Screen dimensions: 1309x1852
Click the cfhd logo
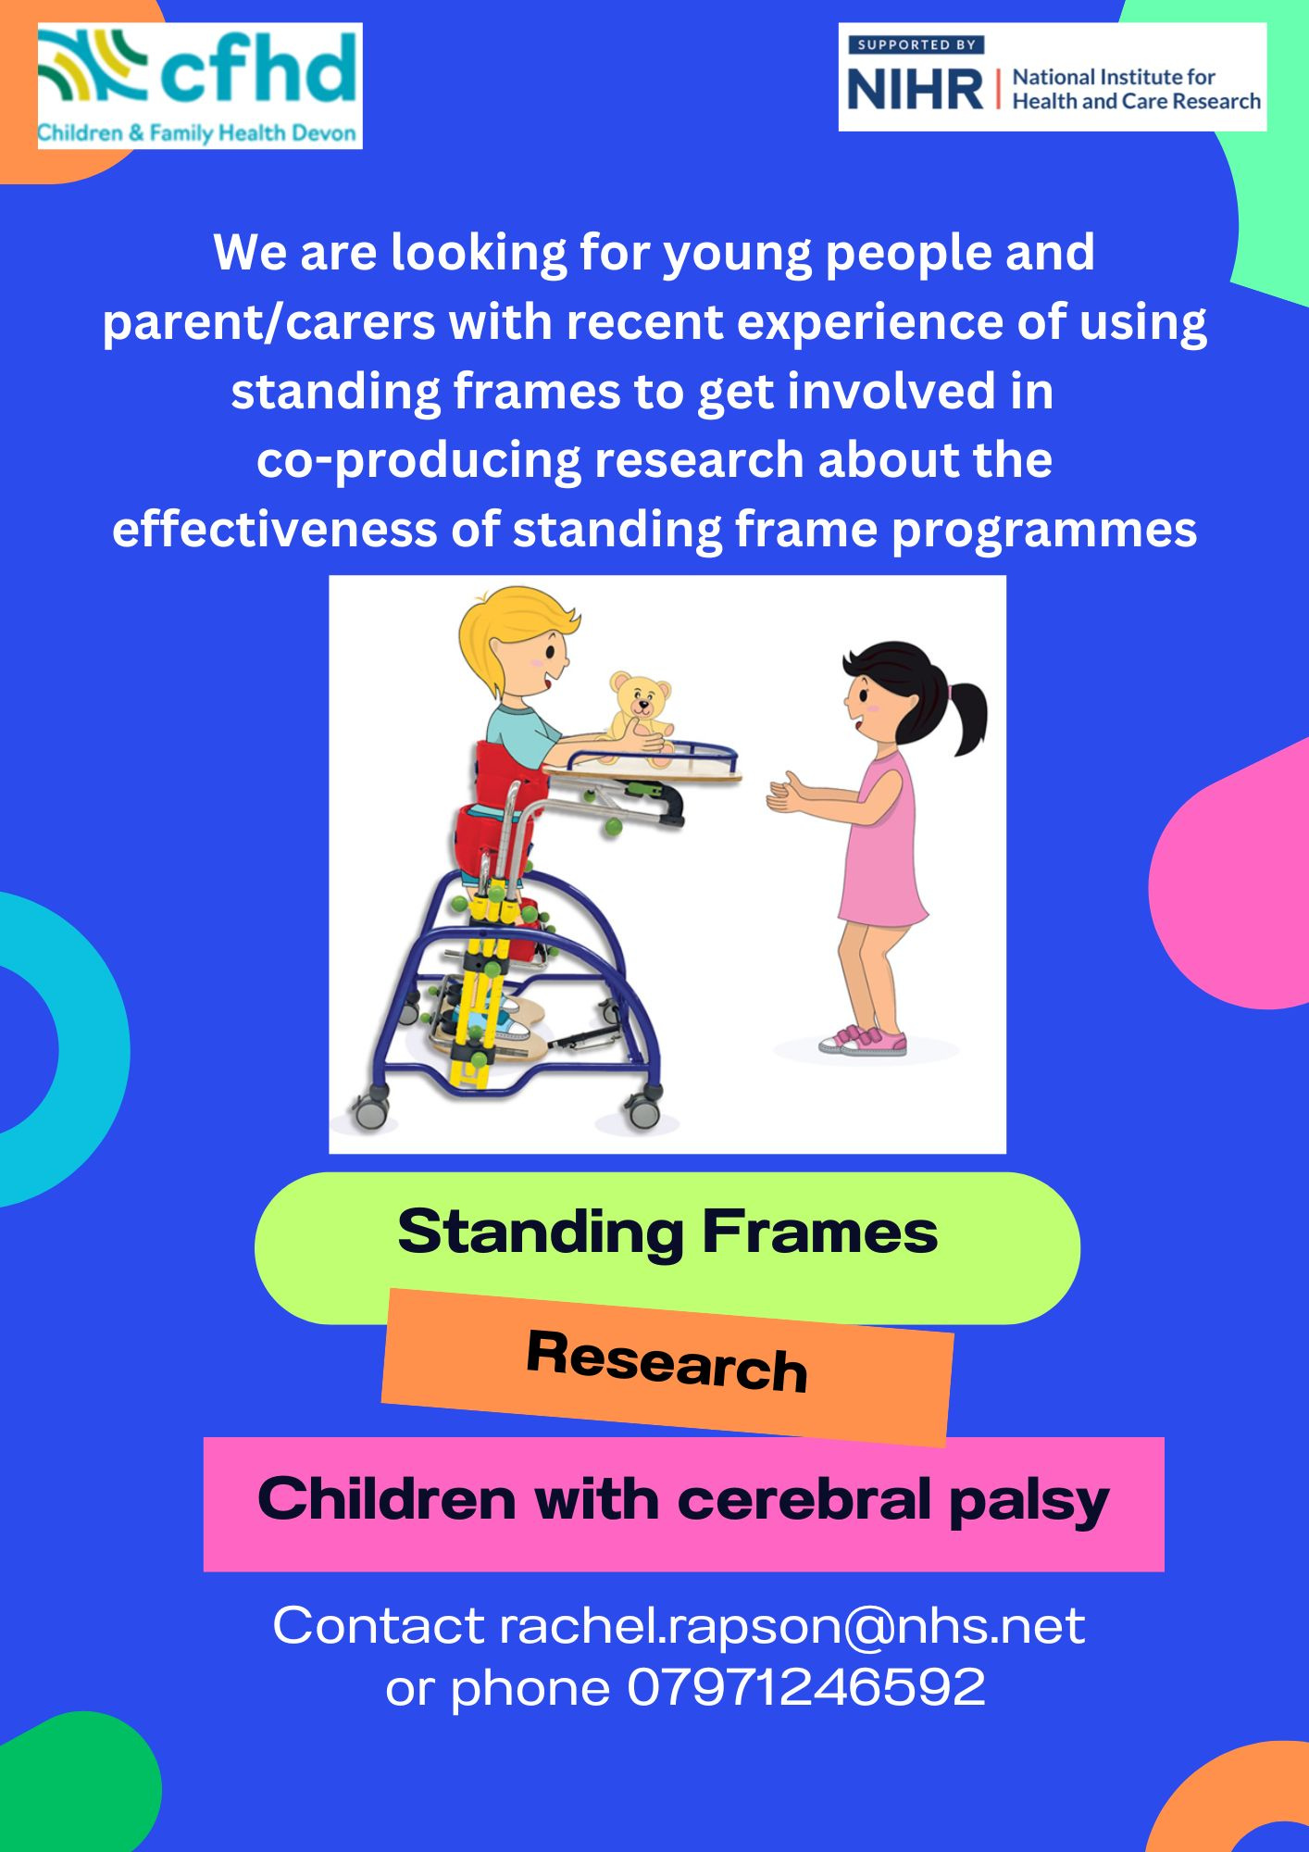[x=200, y=86]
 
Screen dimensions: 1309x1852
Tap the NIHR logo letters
[x=916, y=90]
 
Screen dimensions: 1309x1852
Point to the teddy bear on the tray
[x=640, y=718]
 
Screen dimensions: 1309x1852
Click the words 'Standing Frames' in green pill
[x=667, y=1232]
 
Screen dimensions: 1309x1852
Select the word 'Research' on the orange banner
[x=667, y=1361]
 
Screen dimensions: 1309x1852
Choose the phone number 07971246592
[x=806, y=1687]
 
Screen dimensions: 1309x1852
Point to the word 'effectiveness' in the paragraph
[x=305, y=530]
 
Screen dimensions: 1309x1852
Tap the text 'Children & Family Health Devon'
[x=197, y=133]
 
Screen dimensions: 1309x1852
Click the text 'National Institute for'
[x=1114, y=77]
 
